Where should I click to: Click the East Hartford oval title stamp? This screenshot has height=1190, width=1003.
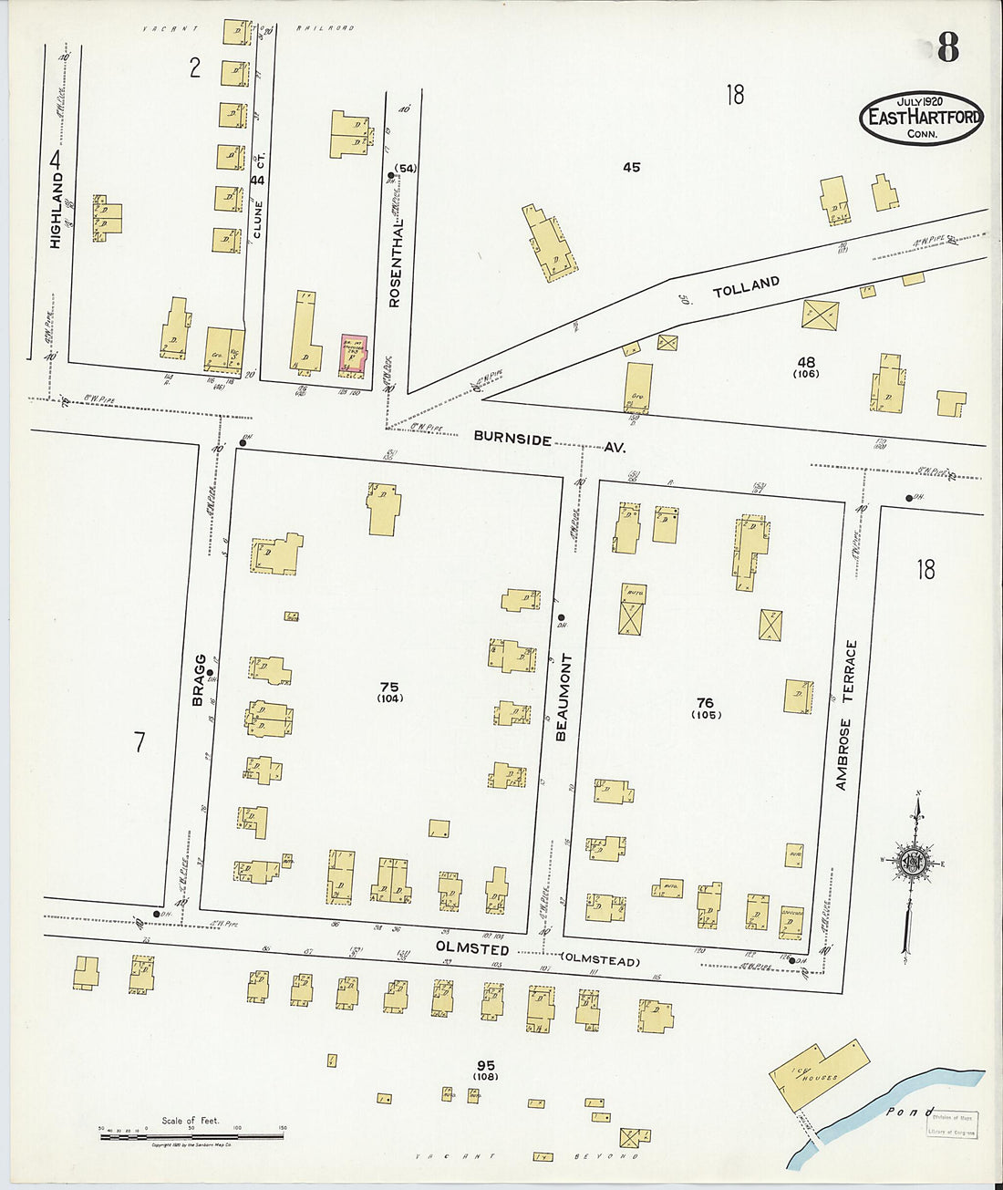coord(922,117)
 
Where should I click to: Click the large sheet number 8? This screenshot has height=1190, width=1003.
coord(947,47)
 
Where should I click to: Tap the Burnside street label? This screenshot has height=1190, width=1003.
coord(512,439)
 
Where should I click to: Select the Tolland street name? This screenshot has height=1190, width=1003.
coord(746,287)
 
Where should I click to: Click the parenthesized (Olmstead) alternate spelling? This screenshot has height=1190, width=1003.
coord(601,960)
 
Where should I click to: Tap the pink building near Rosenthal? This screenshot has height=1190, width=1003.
coord(352,354)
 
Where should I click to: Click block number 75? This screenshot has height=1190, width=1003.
coord(389,687)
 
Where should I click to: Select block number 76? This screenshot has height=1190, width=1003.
coord(705,702)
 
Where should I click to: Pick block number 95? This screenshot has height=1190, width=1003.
coord(485,1065)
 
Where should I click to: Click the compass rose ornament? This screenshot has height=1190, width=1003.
coord(912,862)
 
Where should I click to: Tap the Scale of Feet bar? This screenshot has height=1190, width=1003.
coord(191,1135)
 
